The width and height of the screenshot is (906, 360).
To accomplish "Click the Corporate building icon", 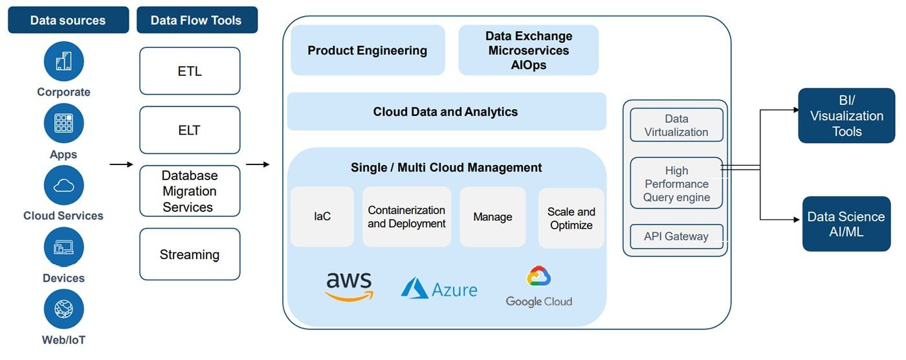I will point(63,62).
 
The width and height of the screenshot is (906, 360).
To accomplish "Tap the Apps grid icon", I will point(63,123).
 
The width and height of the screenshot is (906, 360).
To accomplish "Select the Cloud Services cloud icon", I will point(63,185).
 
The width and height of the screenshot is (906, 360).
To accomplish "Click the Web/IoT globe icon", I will point(63,309).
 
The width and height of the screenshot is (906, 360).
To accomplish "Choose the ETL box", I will point(190,71).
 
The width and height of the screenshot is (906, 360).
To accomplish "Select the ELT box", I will point(190,130).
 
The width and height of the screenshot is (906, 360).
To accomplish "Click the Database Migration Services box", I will point(190,191).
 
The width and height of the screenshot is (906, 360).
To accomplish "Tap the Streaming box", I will point(190,254).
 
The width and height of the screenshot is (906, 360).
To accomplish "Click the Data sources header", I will point(67,20).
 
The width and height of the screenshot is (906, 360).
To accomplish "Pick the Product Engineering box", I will point(367,51).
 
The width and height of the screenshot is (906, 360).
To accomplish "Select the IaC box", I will point(322,217).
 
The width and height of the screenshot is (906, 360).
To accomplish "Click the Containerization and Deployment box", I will point(406,217).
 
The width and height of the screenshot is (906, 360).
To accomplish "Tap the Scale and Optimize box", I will point(571,218).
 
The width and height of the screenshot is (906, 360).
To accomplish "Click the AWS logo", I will point(349,286).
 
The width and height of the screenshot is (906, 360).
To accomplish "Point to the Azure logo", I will point(439,288).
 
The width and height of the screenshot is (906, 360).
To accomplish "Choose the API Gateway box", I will point(676,236).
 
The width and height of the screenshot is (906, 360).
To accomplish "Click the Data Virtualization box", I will point(676,125).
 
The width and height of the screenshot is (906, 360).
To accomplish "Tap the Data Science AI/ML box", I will point(846,224).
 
